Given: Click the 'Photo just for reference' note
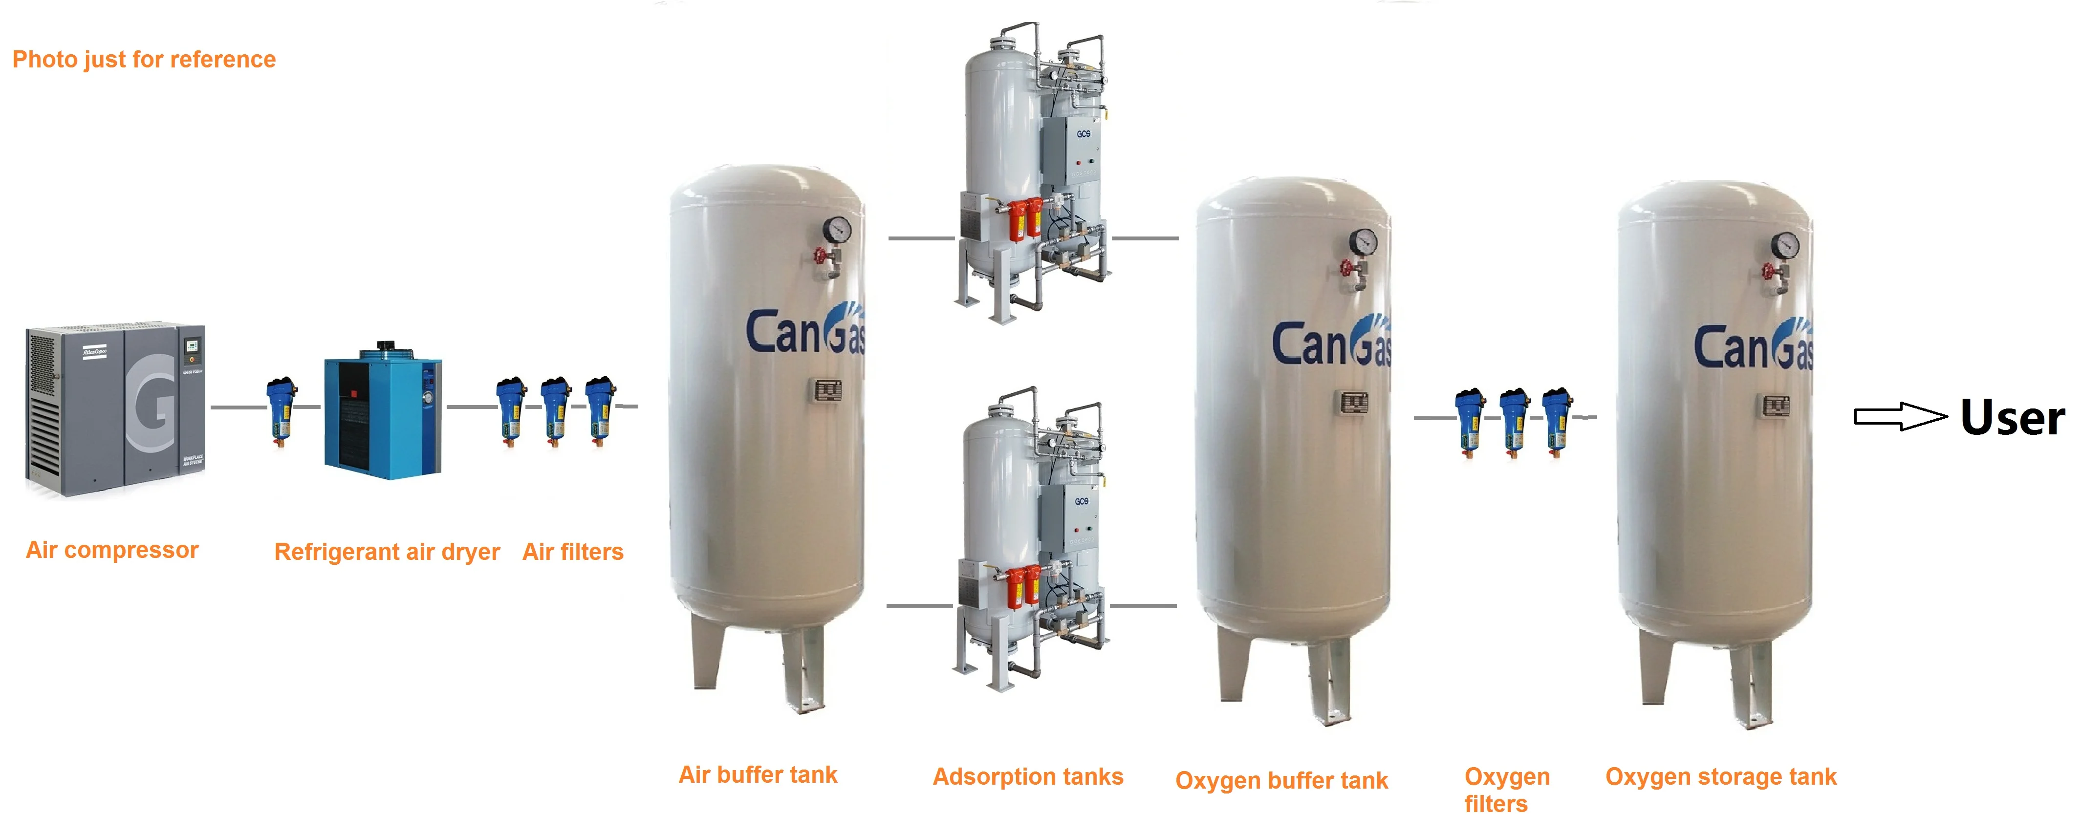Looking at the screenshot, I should pos(144,59).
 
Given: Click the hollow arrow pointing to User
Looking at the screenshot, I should pos(1899,417).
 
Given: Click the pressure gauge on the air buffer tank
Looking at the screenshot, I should pos(837,229).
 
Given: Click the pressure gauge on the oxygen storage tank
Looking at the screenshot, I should pos(1784,244).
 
